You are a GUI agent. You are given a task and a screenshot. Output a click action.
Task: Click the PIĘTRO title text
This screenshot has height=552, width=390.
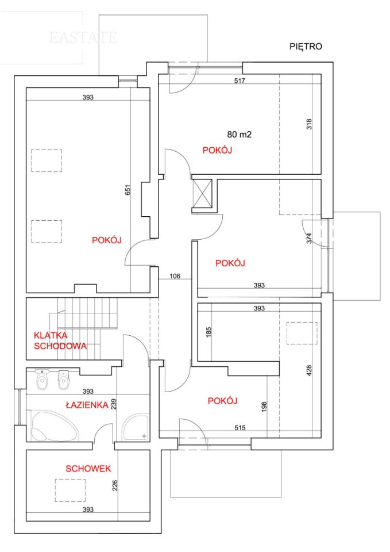pyautogui.click(x=306, y=47)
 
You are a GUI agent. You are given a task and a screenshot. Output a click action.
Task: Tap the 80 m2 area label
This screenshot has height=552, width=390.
pyautogui.click(x=239, y=134)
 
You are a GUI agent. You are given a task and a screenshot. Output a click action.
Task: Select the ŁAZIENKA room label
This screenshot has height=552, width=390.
pyautogui.click(x=87, y=405)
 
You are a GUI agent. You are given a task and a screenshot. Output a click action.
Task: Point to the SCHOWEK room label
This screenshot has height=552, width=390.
pyautogui.click(x=88, y=469)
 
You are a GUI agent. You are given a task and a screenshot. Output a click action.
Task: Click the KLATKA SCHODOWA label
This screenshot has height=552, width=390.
pyautogui.click(x=60, y=340)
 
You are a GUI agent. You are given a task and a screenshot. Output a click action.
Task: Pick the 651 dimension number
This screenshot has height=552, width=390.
pyautogui.click(x=128, y=190)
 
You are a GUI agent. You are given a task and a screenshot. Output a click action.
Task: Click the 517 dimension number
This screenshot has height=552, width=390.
pyautogui.click(x=240, y=80)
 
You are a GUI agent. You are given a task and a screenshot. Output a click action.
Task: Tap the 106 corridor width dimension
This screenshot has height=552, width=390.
pyautogui.click(x=175, y=277)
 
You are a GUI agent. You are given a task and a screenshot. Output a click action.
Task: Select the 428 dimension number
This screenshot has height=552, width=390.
pyautogui.click(x=309, y=370)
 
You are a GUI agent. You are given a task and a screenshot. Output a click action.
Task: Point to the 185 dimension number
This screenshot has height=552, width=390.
pyautogui.click(x=208, y=332)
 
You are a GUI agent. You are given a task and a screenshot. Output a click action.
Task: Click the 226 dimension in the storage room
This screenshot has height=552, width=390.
pyautogui.click(x=115, y=485)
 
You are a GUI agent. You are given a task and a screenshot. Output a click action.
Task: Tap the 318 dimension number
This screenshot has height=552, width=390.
pyautogui.click(x=309, y=124)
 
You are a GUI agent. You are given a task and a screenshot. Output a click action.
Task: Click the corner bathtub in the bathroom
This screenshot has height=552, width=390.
pyautogui.click(x=55, y=426)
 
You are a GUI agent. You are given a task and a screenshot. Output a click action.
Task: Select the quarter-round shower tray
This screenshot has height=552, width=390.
pyautogui.click(x=136, y=427)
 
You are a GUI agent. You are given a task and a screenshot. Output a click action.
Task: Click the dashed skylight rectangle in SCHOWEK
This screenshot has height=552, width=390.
pyautogui.click(x=70, y=490)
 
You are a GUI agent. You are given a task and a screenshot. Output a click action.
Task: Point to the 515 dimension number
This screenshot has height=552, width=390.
pyautogui.click(x=240, y=428)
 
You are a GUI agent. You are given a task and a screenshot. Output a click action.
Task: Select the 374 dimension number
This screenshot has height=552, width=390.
pyautogui.click(x=309, y=238)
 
